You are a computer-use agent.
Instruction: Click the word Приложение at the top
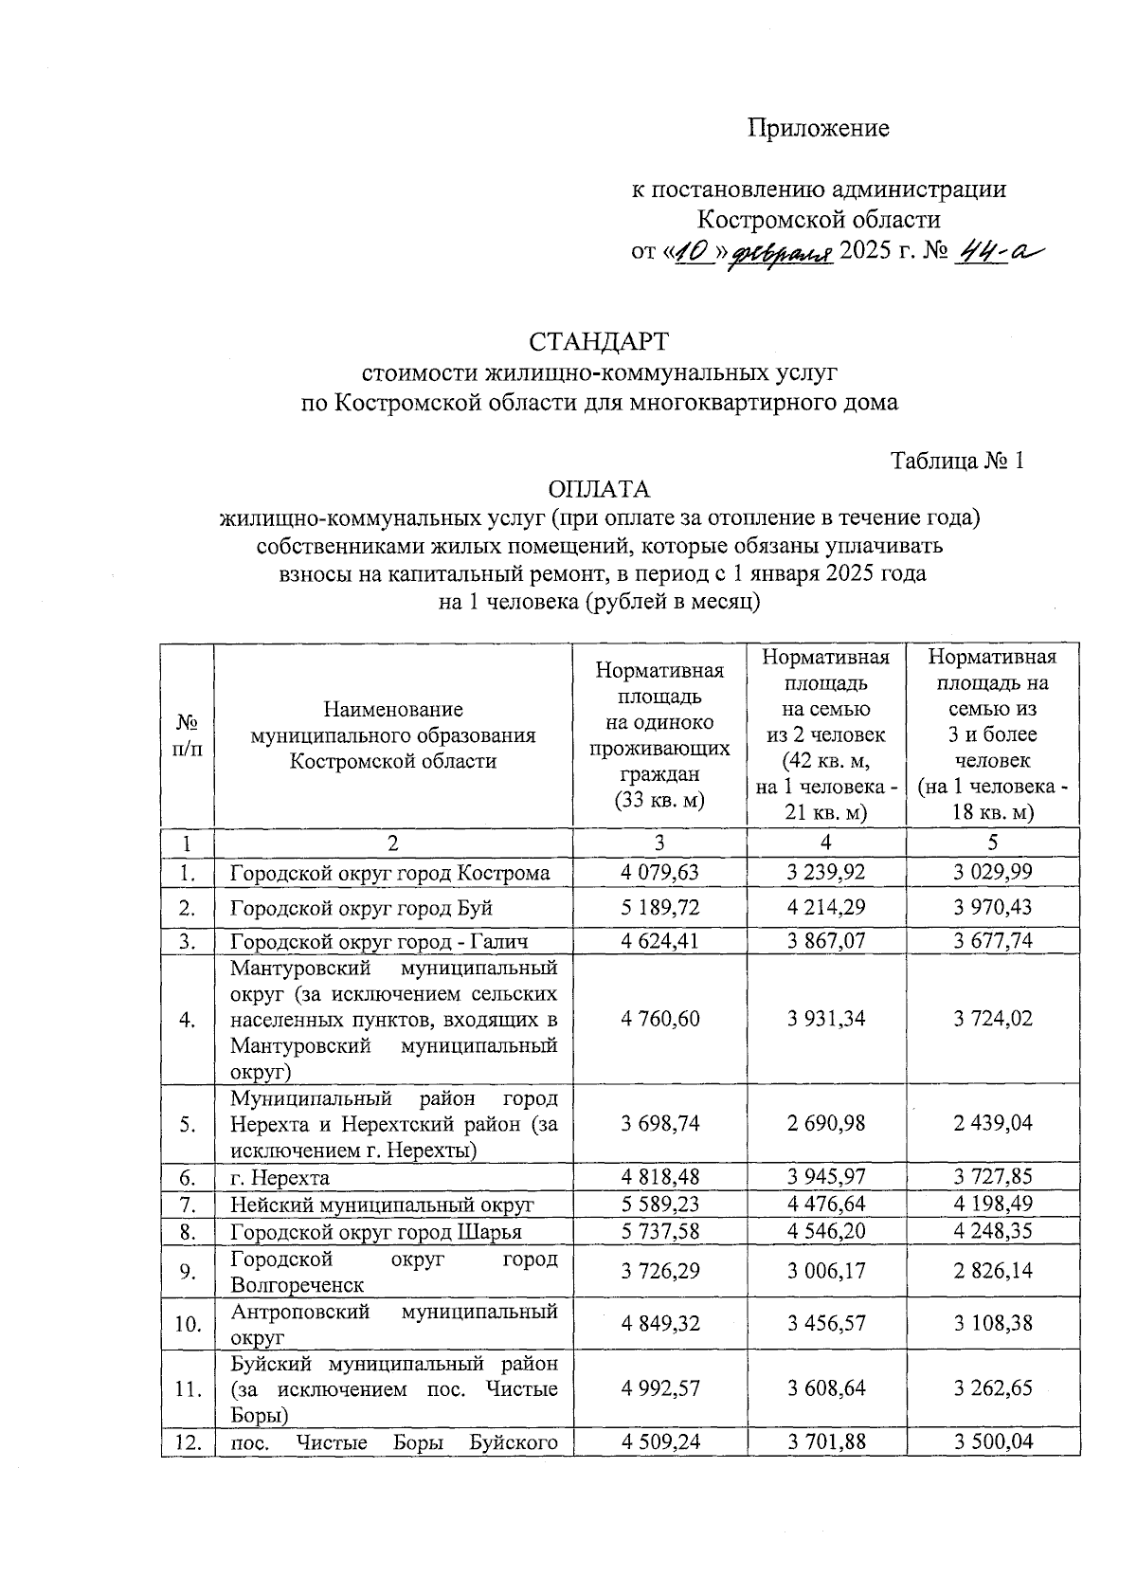coord(819,128)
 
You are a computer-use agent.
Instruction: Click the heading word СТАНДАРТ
coord(598,341)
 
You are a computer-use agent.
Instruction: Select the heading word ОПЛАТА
coord(599,489)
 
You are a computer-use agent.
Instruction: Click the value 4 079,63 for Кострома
coord(660,872)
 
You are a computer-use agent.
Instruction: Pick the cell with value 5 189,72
coord(660,907)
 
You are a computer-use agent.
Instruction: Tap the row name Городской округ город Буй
coord(361,907)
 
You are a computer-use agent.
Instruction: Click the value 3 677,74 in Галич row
coord(993,940)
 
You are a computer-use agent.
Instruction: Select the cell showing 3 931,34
coord(826,1019)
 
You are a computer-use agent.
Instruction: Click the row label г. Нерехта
coord(280,1178)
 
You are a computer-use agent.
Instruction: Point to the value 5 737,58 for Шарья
coord(660,1231)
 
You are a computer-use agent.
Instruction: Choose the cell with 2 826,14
coord(993,1271)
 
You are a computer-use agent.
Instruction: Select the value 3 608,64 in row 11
coord(826,1388)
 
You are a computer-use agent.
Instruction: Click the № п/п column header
coord(188,734)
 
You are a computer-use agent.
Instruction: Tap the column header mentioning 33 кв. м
coord(659,734)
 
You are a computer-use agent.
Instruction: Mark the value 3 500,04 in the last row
coord(993,1441)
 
